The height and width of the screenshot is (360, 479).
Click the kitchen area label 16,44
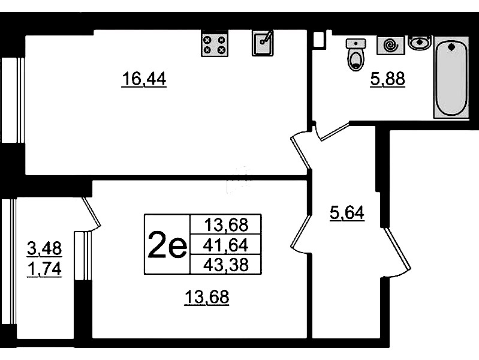[x=144, y=79]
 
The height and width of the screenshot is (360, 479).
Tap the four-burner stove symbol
[x=215, y=44]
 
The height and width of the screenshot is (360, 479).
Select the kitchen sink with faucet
[x=263, y=43]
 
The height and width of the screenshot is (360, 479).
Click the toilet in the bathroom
[x=356, y=55]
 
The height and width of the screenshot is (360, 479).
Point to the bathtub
[x=451, y=77]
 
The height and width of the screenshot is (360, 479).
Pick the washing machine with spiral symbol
[x=391, y=45]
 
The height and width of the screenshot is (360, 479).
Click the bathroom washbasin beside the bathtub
[x=420, y=42]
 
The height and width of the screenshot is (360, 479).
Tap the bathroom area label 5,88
[x=388, y=79]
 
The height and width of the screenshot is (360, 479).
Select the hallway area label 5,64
[x=347, y=212]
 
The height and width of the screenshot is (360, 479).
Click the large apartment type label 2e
[x=167, y=244]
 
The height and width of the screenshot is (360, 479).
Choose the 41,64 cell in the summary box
[x=226, y=245]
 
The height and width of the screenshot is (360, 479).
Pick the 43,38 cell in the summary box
[x=226, y=265]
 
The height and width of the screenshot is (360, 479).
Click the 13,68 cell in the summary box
[x=226, y=225]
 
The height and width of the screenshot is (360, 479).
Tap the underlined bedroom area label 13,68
[x=207, y=297]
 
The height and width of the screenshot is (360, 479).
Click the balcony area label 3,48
[x=44, y=248]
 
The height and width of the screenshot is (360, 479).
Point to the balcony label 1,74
[x=44, y=269]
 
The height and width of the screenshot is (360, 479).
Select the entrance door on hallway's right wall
[x=397, y=252]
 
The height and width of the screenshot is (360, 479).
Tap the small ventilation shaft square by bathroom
[x=318, y=40]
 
